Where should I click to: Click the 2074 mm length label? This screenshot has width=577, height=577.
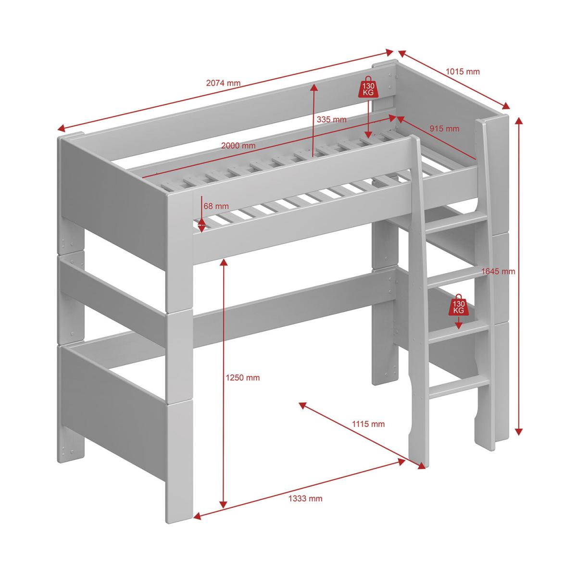223,83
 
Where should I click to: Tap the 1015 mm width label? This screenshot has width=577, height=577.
463,72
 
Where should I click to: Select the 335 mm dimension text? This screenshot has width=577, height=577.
331,119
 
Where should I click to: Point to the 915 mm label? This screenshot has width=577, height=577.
444,128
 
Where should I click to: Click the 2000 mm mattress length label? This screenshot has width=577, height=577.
238,146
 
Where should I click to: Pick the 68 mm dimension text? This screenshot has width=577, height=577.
216,206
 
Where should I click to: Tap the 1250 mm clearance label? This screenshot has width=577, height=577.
242,377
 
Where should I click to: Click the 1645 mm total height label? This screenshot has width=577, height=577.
498,271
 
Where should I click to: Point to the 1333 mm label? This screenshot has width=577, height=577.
305,499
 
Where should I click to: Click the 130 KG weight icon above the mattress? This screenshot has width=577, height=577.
368,87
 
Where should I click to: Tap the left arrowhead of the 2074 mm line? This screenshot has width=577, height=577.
61,129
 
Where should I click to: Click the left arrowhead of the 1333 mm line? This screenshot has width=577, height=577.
197,515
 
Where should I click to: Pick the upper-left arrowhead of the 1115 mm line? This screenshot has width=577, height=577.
303,405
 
